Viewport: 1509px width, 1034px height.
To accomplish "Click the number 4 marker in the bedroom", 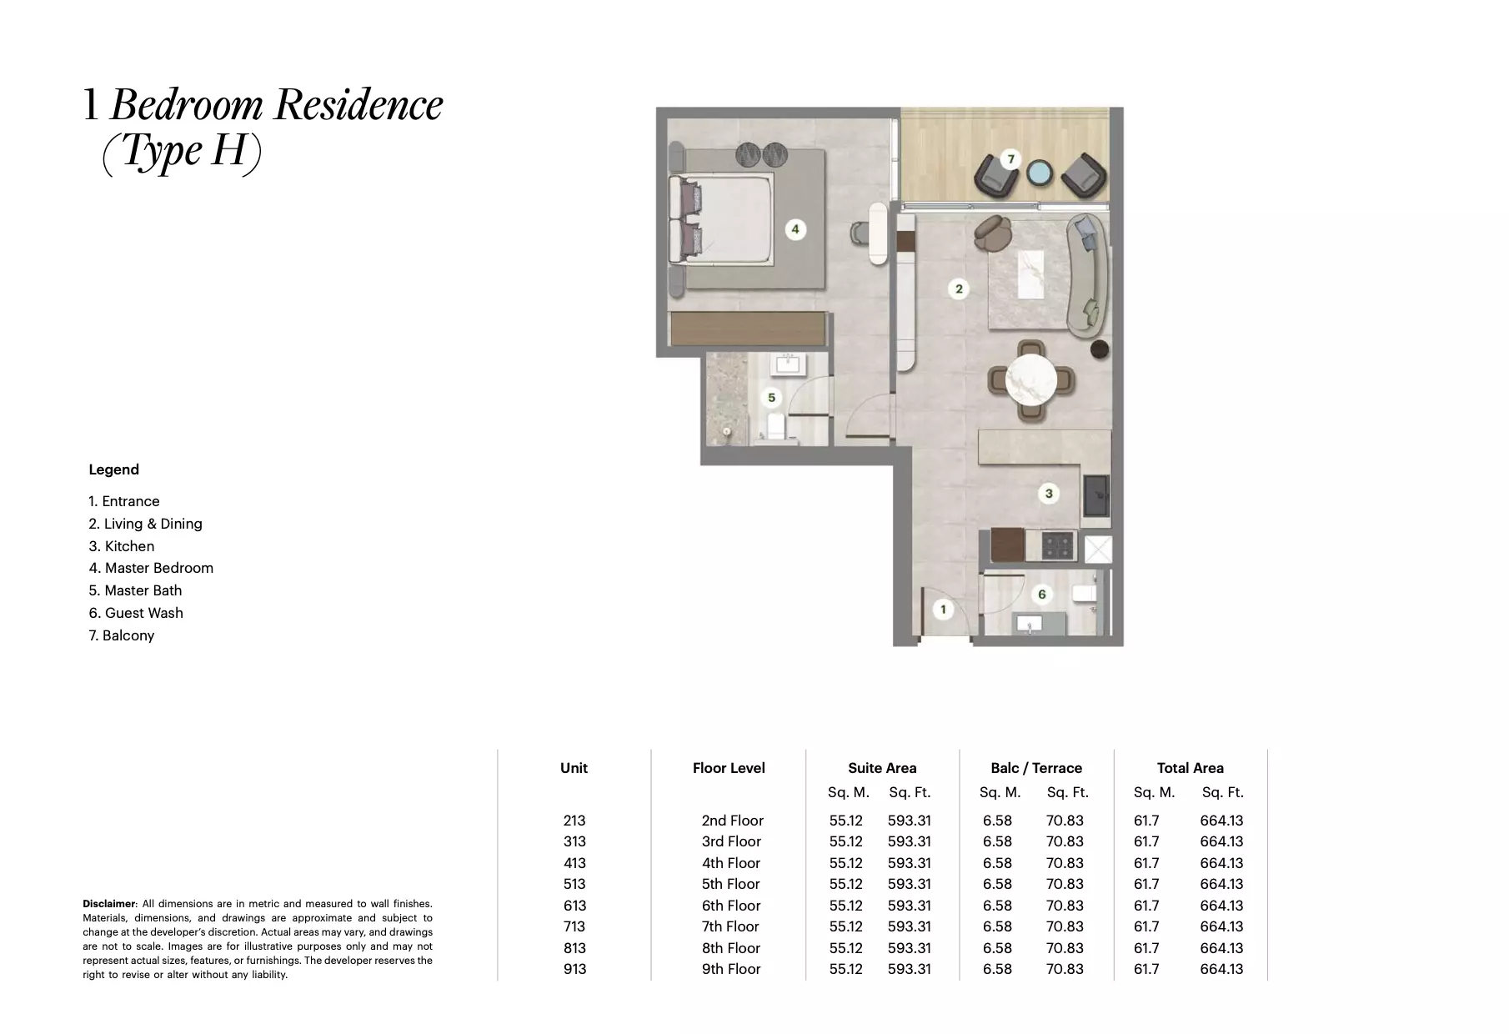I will click(795, 229).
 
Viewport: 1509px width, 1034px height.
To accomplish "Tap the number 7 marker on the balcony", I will click(1010, 159).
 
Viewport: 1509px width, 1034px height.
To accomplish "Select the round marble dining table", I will click(1031, 380).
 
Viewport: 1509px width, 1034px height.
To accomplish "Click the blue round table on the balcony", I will click(1040, 173).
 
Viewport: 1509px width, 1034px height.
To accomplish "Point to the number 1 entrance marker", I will click(943, 610).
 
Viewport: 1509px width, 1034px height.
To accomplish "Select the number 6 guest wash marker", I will click(1041, 595).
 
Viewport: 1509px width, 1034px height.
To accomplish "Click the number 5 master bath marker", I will click(771, 398).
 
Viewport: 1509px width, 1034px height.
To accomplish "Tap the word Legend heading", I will click(114, 469).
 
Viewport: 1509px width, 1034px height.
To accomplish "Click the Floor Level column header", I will click(729, 768).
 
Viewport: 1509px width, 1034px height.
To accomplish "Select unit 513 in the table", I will click(574, 884).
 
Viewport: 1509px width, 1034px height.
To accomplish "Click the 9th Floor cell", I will click(731, 969).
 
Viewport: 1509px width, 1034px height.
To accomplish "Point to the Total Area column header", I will click(1190, 768).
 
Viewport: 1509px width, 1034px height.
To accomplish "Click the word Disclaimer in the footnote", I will click(108, 904).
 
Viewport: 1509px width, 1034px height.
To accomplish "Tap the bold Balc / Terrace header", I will click(1036, 768).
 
